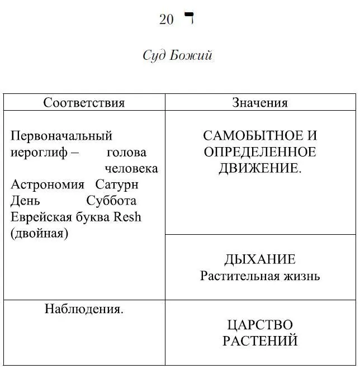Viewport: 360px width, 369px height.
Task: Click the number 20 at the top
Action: (167, 20)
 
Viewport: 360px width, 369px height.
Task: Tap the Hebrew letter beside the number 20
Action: (188, 19)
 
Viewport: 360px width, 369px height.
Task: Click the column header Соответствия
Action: (84, 103)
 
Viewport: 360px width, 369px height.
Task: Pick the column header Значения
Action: (260, 103)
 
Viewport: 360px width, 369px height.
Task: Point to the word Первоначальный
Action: (61, 136)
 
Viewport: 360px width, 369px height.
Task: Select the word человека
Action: (131, 168)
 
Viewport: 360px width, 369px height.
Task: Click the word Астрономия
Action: (48, 184)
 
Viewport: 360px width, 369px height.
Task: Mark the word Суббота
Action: (111, 201)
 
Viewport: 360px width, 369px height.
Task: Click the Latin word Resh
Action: (127, 217)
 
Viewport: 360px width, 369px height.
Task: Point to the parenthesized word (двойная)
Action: (39, 233)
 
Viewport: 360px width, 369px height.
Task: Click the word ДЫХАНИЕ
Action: (260, 259)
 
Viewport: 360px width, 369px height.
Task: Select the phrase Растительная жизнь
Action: (260, 276)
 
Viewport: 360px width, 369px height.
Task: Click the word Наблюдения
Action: (84, 309)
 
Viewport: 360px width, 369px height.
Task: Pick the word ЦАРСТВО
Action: (260, 324)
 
